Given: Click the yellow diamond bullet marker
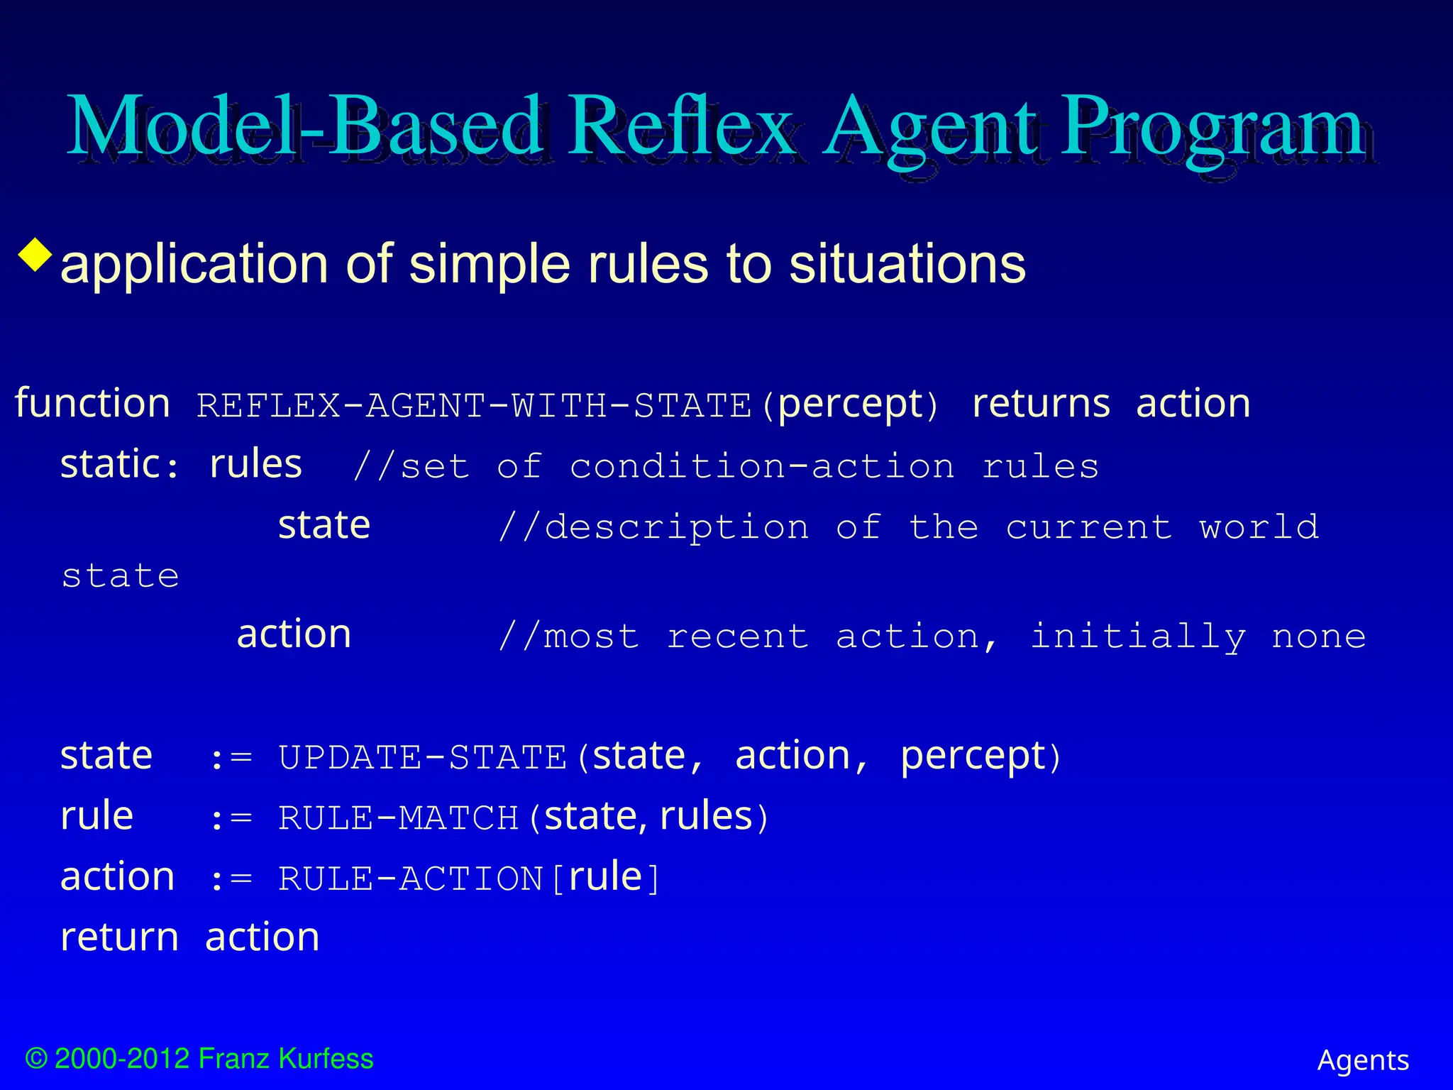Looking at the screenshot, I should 36,255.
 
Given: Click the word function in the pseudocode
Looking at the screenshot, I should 92,404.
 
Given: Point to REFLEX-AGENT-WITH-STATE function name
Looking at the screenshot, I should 473,407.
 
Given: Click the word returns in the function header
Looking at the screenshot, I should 1041,404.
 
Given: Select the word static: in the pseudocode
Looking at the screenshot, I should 119,466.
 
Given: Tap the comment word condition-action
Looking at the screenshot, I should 762,467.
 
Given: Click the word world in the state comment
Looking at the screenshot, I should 1259,527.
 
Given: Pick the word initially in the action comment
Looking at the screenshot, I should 1137,637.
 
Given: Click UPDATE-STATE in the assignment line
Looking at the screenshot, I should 423,758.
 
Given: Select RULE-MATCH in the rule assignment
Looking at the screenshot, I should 399,818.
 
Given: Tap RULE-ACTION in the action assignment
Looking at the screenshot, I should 410,879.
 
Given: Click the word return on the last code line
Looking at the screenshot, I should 119,938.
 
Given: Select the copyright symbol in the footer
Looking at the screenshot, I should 36,1059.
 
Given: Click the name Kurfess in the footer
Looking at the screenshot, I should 326,1059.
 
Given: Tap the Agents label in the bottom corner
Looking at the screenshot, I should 1363,1061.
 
